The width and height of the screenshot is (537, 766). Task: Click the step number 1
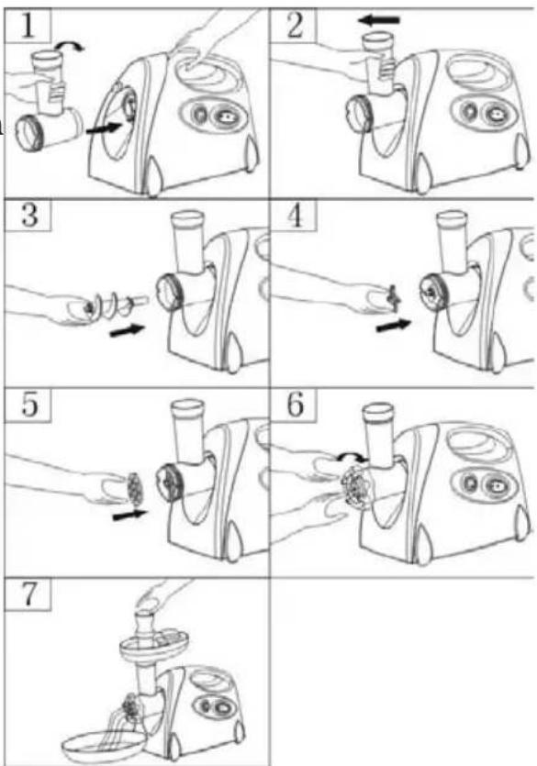pos(28,26)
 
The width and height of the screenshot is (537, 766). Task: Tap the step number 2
pos(296,26)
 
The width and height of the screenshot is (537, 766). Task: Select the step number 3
pos(29,215)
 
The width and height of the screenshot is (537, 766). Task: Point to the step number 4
pos(296,215)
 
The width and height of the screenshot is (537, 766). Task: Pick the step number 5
pos(29,405)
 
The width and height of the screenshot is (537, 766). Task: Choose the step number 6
pos(296,405)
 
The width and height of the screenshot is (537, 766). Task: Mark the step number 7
pos(29,594)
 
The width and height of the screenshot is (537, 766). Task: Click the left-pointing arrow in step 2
pos(379,20)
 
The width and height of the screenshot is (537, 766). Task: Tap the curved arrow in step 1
pos(70,46)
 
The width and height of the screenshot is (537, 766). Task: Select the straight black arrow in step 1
pos(103,128)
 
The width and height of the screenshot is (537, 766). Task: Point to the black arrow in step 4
pos(394,325)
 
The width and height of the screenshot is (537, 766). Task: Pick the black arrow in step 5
pos(130,515)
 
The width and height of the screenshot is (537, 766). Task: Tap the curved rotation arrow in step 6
pos(352,456)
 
